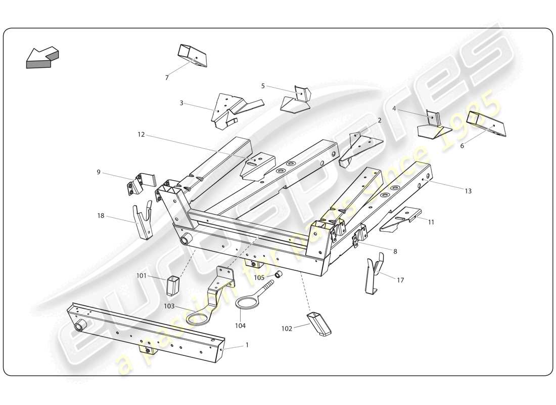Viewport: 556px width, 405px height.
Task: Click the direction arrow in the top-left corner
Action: tap(41, 57)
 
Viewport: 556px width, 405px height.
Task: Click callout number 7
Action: tap(167, 78)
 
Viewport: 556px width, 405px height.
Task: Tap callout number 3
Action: tap(181, 103)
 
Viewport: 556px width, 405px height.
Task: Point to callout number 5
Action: tap(263, 86)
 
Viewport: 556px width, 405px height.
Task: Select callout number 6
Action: tap(461, 145)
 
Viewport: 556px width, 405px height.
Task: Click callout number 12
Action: tap(141, 135)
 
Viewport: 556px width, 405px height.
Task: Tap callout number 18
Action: tap(101, 216)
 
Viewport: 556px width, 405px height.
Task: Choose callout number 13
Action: tap(468, 191)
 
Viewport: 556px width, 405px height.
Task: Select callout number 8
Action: tap(395, 251)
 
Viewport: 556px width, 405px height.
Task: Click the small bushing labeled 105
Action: tap(278, 274)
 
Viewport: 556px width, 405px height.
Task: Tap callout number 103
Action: tap(169, 306)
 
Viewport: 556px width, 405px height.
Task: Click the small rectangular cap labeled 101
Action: tap(173, 286)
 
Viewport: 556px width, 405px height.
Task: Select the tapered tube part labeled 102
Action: tap(318, 323)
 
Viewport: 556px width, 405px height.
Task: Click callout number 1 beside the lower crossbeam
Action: tap(247, 345)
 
